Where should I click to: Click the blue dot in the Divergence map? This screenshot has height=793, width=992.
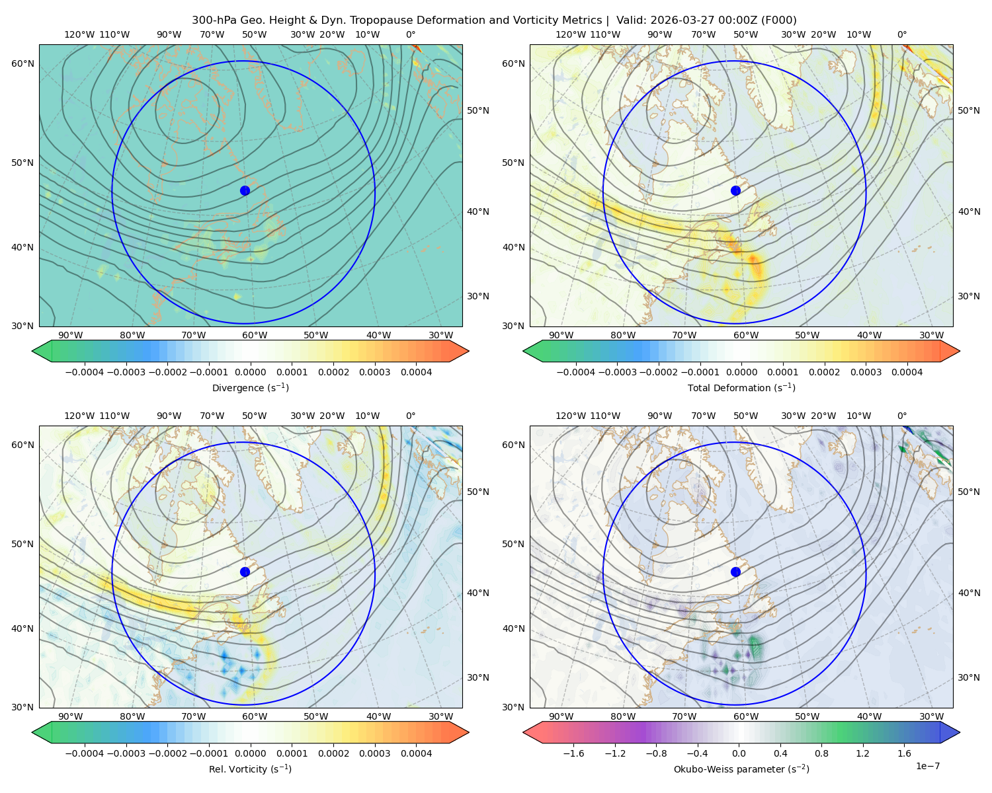[245, 190]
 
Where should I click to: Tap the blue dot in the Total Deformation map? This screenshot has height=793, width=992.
[735, 190]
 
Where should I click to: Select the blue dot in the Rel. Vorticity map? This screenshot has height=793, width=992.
[245, 572]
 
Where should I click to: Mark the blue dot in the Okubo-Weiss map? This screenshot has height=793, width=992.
[735, 572]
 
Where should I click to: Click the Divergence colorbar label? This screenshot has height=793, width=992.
[250, 388]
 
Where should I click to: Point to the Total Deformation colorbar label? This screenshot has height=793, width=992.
[741, 388]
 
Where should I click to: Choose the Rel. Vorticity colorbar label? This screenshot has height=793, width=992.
[250, 769]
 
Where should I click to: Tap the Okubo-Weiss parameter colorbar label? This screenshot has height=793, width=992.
[741, 769]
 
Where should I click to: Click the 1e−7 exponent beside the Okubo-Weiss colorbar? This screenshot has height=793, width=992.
[927, 766]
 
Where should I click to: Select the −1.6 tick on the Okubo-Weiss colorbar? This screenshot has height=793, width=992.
[573, 753]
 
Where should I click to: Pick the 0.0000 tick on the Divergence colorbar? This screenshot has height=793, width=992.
[250, 372]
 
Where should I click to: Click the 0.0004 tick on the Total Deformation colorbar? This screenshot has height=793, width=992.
[907, 372]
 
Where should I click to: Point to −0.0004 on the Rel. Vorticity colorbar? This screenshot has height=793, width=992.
[85, 753]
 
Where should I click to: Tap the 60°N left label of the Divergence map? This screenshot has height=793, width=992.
[22, 63]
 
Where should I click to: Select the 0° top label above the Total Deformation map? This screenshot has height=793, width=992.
[901, 34]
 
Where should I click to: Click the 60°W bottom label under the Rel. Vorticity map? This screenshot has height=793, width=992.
[255, 716]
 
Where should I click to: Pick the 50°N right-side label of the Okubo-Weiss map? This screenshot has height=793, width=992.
[969, 492]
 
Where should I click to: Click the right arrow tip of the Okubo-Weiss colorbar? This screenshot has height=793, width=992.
[960, 732]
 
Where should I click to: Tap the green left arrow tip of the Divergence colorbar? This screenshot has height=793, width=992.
[32, 351]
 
